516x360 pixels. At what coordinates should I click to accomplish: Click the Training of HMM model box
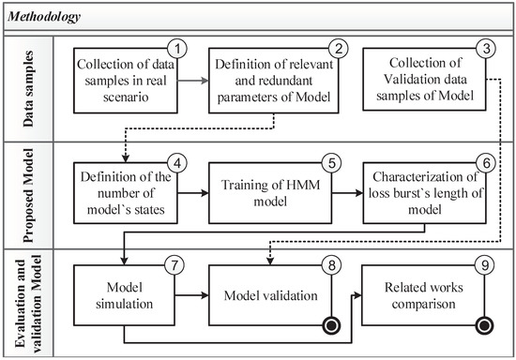coord(271,191)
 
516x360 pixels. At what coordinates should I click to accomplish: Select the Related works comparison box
coord(427,295)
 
